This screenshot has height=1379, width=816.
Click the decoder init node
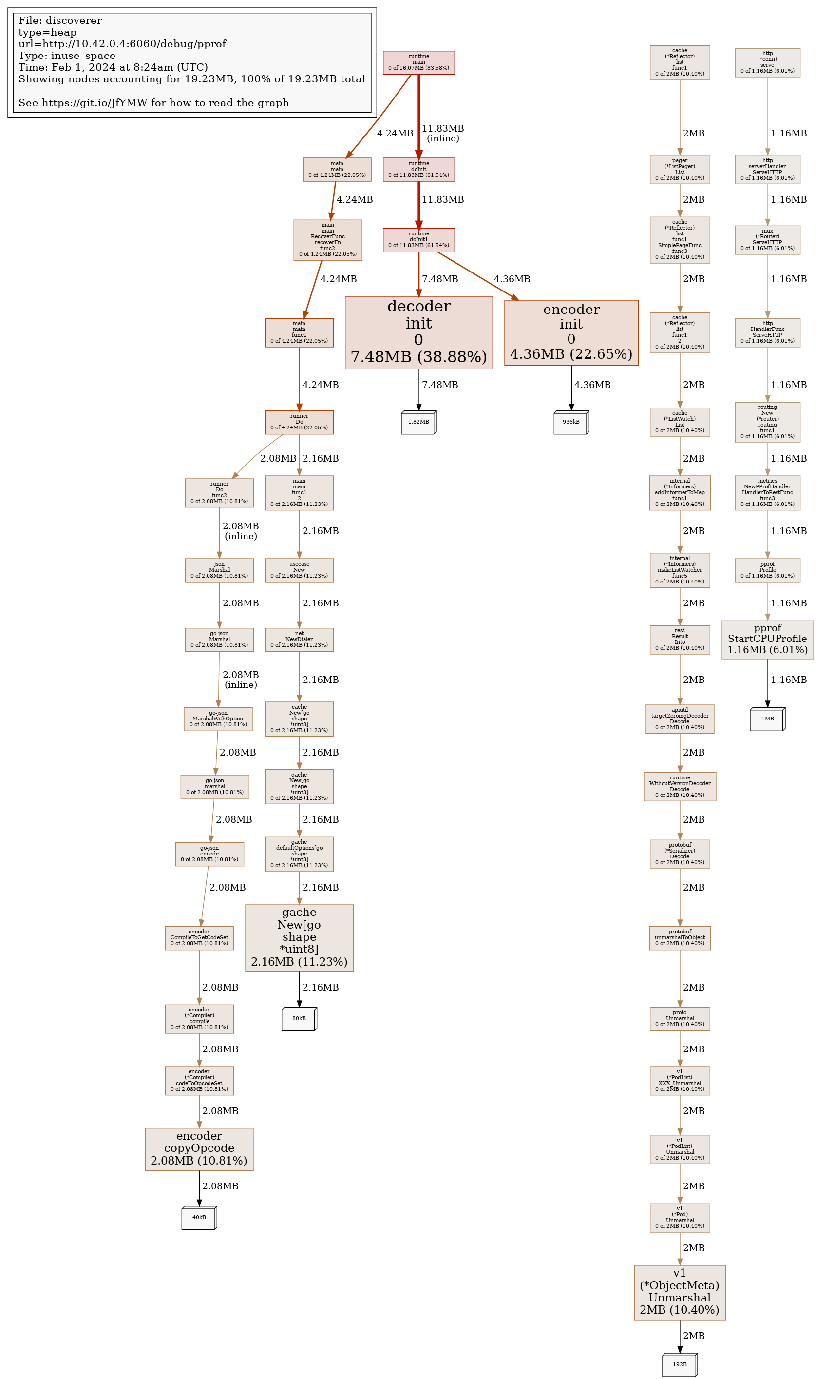(418, 332)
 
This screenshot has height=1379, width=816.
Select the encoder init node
(571, 332)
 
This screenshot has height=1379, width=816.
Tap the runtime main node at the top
(418, 62)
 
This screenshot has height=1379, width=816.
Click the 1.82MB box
(418, 422)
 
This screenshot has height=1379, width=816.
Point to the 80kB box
(299, 1019)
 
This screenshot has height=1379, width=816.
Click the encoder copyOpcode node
(199, 1149)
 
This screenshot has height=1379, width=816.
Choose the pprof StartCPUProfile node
(767, 639)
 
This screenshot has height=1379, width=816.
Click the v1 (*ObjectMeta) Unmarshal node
(679, 1292)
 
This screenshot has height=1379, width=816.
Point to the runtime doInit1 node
(418, 240)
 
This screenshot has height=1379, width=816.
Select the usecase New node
(299, 570)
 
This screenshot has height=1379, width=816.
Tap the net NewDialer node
(299, 639)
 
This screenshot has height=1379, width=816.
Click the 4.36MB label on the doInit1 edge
(512, 279)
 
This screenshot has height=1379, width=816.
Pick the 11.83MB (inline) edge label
(443, 133)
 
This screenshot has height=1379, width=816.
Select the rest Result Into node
(679, 639)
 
